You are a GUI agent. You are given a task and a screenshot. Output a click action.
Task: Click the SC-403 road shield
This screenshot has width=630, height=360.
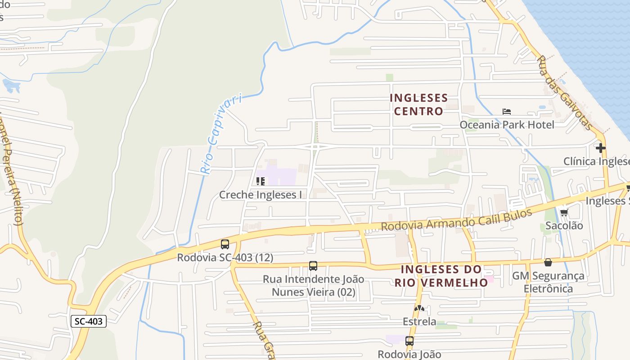coord(89,321)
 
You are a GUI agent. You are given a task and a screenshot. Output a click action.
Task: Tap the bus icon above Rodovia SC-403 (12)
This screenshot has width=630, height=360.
coord(225,244)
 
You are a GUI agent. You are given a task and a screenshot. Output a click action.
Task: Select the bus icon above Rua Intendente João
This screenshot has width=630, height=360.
coord(313,266)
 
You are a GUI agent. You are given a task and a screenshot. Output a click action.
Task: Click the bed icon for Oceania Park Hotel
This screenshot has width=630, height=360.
coord(507,112)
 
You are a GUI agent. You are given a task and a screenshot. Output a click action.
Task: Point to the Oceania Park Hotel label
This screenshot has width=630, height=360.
coord(507,124)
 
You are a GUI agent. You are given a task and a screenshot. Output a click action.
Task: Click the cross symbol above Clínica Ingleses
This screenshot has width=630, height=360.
coord(600,148)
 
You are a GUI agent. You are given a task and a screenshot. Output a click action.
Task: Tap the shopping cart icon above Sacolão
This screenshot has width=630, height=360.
coord(564,212)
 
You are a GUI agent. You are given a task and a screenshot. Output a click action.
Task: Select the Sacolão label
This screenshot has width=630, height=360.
coord(564,225)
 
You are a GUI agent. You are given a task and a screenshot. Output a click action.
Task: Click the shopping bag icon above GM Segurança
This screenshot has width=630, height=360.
coord(548,262)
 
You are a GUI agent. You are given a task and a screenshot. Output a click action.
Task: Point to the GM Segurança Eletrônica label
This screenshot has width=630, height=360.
coord(548,282)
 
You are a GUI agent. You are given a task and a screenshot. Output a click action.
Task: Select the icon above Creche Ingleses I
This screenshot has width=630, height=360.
coord(260,181)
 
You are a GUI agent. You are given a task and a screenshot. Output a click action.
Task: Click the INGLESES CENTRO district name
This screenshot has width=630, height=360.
coord(418,104)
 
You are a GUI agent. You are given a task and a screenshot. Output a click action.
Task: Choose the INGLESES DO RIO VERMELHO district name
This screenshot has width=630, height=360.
coord(441,276)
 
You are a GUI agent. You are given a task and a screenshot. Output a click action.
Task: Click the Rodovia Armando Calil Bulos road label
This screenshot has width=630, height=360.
coord(456,220)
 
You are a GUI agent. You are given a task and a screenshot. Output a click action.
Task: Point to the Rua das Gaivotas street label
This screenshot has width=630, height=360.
coord(565,93)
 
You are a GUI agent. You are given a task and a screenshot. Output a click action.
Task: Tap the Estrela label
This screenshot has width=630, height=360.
coord(419,322)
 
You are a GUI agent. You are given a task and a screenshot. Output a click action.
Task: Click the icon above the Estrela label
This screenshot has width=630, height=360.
coord(419,309)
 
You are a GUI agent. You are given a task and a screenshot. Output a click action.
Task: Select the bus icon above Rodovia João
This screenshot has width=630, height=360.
coord(409,341)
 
